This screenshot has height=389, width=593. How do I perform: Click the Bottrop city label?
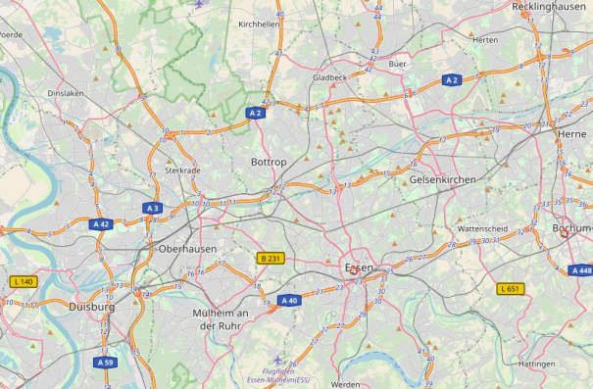point(268,161)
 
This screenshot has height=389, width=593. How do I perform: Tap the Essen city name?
point(359,267)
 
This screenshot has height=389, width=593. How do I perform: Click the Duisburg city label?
point(92,307)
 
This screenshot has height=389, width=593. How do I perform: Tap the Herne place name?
point(570,134)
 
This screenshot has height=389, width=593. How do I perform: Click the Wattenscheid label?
point(482,228)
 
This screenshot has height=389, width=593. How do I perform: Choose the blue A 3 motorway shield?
point(152,208)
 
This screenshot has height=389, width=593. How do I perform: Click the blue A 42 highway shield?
point(100,224)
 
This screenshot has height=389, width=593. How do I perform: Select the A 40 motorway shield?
point(288,301)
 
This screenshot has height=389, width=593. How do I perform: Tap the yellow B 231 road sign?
point(270,258)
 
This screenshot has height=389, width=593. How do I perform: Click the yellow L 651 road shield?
point(511,288)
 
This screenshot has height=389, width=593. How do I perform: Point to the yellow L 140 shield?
point(24,281)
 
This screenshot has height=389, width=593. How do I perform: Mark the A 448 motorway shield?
point(580,270)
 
